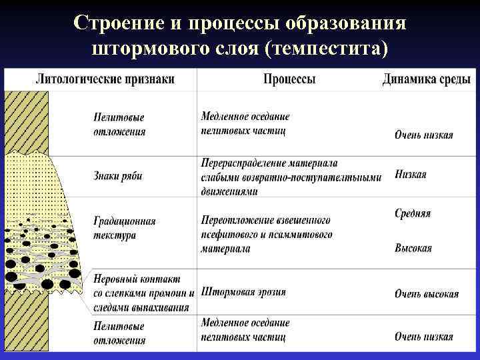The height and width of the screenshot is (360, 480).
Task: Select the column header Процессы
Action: click(289, 80)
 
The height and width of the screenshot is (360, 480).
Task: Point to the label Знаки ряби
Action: click(117, 177)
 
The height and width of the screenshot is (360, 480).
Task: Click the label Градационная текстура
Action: click(124, 228)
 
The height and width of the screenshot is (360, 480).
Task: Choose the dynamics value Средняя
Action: click(413, 214)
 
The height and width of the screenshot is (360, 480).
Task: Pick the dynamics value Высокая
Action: click(413, 249)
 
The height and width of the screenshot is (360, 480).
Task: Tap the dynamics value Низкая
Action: click(410, 175)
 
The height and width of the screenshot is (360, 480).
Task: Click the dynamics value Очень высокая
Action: click(426, 294)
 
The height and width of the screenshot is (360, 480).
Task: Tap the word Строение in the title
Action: click(119, 23)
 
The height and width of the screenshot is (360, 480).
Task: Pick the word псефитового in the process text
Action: click(231, 235)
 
